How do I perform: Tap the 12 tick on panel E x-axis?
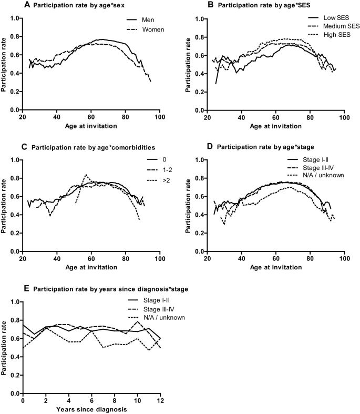160,400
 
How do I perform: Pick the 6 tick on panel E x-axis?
91,400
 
